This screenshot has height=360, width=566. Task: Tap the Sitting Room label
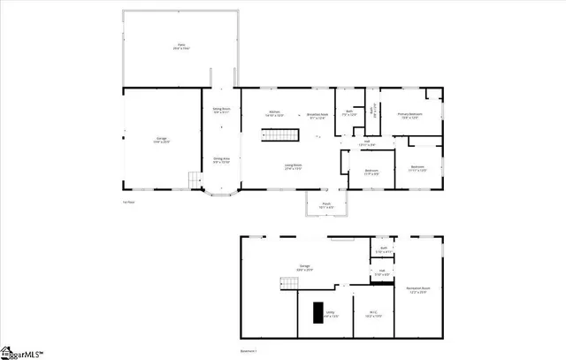pyautogui.click(x=221, y=111)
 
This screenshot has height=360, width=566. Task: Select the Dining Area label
pyautogui.click(x=221, y=160)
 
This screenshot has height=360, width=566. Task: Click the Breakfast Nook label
pyautogui.click(x=318, y=115)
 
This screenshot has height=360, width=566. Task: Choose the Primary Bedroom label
pyautogui.click(x=409, y=115)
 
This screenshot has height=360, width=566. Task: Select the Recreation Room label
pyautogui.click(x=418, y=291)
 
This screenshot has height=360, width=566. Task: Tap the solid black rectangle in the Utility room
pyautogui.click(x=317, y=315)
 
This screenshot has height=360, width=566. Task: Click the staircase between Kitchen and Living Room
pyautogui.click(x=276, y=135)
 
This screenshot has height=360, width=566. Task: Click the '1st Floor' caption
pyautogui.click(x=129, y=203)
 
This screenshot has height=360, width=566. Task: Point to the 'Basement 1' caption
pyautogui.click(x=250, y=350)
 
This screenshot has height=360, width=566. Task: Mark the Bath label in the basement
pyautogui.click(x=384, y=250)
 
